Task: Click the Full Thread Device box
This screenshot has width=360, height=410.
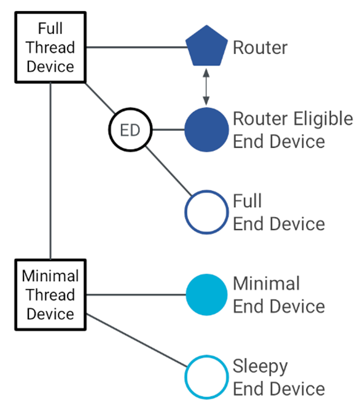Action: tap(50, 47)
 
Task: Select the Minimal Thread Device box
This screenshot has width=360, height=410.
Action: tap(50, 294)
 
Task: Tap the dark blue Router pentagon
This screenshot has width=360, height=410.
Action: tap(207, 47)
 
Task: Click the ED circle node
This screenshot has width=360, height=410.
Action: tap(129, 130)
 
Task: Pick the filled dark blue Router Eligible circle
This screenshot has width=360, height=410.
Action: tap(207, 130)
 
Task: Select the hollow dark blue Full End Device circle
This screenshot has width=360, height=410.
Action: tap(207, 213)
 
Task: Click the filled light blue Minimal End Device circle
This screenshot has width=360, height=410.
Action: tap(207, 295)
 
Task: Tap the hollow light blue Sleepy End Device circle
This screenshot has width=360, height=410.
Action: tap(207, 377)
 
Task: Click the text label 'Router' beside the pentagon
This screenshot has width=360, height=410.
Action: tap(260, 47)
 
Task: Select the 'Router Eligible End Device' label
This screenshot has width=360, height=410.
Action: tap(292, 130)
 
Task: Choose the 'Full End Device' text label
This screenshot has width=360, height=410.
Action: tap(278, 213)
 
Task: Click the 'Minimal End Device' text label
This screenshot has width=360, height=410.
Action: tap(278, 295)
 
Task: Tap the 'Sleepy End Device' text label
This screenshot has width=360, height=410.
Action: tap(278, 377)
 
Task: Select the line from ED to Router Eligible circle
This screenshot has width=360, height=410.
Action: tap(167, 130)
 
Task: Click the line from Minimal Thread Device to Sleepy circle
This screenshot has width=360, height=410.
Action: tap(138, 342)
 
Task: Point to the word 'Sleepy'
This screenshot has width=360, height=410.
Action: tap(260, 367)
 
